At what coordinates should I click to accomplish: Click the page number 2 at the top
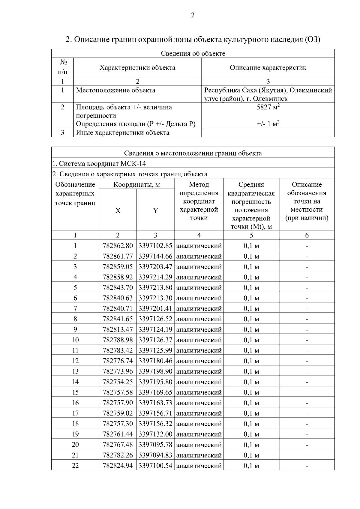click(193, 15)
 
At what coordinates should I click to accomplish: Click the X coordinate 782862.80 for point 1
click(118, 246)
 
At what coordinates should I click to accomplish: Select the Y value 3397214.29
click(155, 277)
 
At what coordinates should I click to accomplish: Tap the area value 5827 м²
click(268, 107)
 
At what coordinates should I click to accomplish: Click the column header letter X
click(118, 211)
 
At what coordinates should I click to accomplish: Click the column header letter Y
click(155, 211)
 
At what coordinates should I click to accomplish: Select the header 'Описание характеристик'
click(268, 68)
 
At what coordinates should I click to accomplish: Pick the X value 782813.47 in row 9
click(118, 330)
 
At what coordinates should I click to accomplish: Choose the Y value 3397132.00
click(155, 434)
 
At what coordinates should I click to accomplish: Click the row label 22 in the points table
click(75, 466)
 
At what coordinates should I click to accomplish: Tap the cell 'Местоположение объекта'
click(115, 91)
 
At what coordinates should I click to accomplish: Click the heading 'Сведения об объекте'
click(193, 54)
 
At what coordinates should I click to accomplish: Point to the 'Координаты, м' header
click(136, 185)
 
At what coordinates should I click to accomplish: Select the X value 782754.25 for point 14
click(118, 382)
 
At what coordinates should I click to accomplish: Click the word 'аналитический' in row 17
click(199, 413)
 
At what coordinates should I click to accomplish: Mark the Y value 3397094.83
click(155, 455)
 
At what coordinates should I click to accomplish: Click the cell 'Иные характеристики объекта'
click(122, 133)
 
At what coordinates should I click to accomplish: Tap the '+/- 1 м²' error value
click(268, 124)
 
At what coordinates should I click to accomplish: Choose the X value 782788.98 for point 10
click(118, 340)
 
